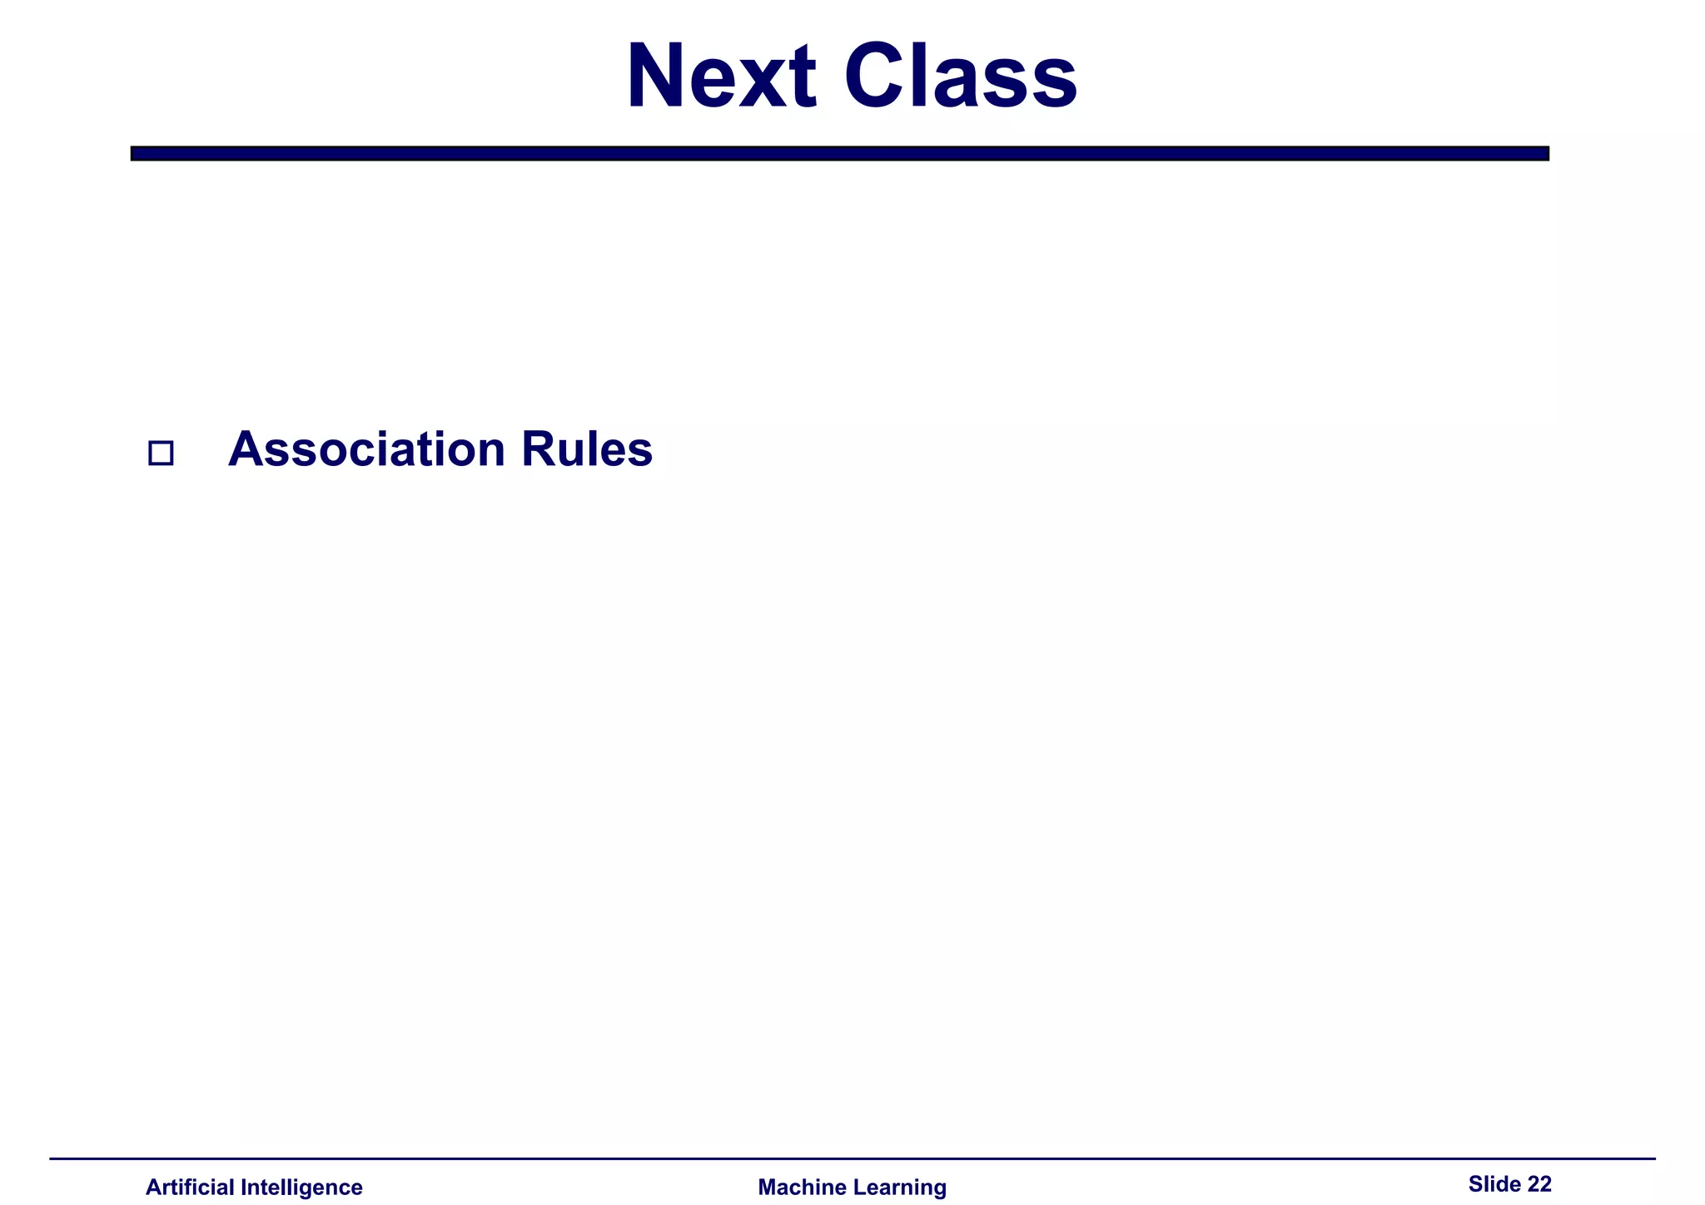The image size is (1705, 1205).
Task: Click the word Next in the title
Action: pos(721,77)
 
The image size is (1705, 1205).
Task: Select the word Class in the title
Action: pos(960,77)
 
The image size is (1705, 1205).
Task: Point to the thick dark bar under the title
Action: pos(839,153)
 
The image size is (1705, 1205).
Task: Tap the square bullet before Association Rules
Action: pos(161,454)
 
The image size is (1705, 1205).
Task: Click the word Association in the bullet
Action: pos(366,449)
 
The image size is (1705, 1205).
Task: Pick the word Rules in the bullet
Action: pos(587,449)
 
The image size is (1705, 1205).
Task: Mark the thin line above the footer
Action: pos(852,1158)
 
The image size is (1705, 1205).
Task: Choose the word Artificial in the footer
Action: pos(190,1188)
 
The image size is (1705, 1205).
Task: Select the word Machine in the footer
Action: pos(799,1188)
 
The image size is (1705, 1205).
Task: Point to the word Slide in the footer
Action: pos(1494,1184)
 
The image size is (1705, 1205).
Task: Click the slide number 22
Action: pos(1539,1184)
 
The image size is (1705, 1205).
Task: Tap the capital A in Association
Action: pos(246,449)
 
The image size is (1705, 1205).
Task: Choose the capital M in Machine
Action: pos(768,1188)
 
